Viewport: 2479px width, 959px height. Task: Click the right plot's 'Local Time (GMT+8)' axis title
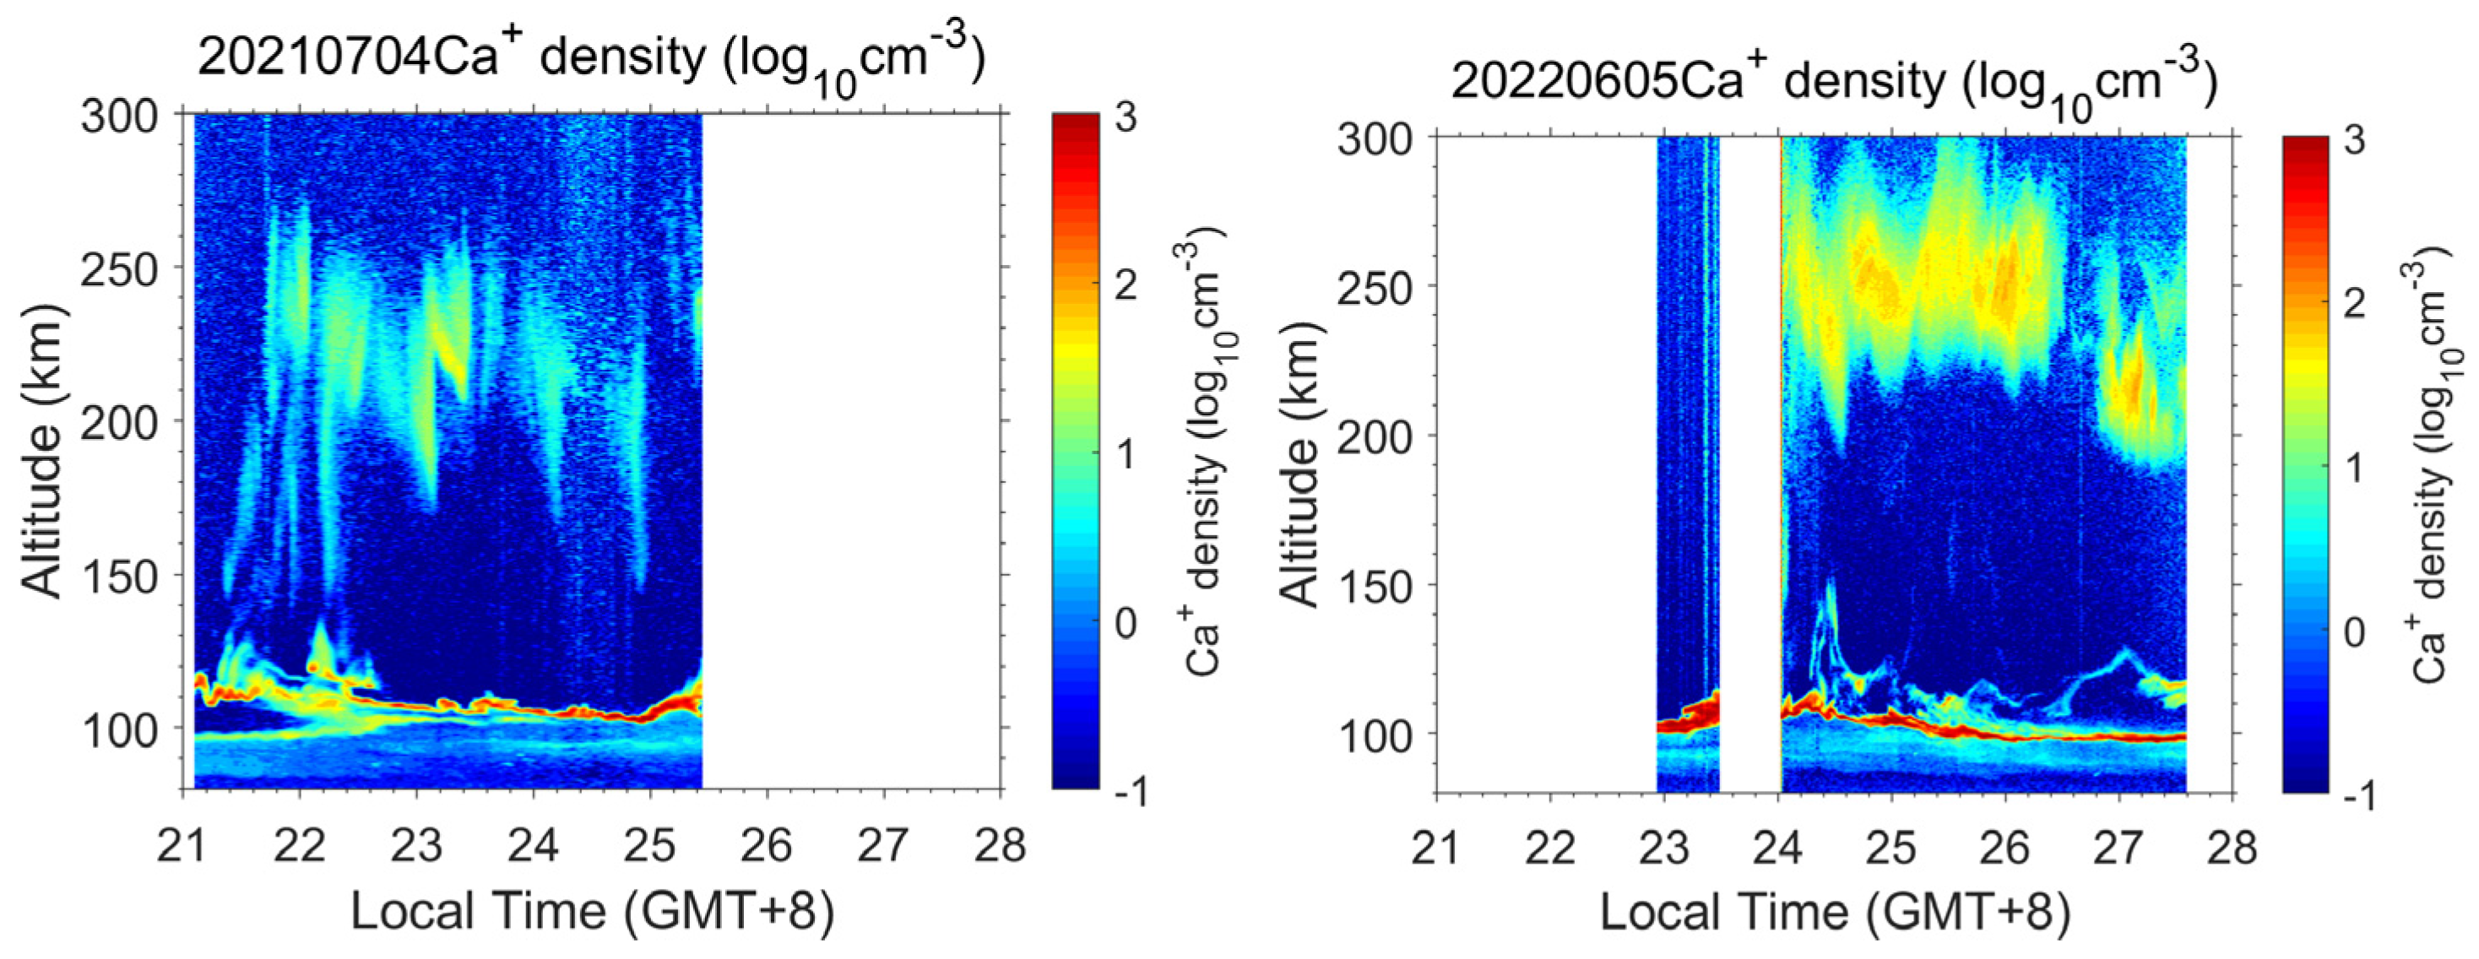click(1834, 912)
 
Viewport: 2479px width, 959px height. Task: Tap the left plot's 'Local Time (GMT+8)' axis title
click(592, 910)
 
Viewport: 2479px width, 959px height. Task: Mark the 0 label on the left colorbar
click(1124, 622)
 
